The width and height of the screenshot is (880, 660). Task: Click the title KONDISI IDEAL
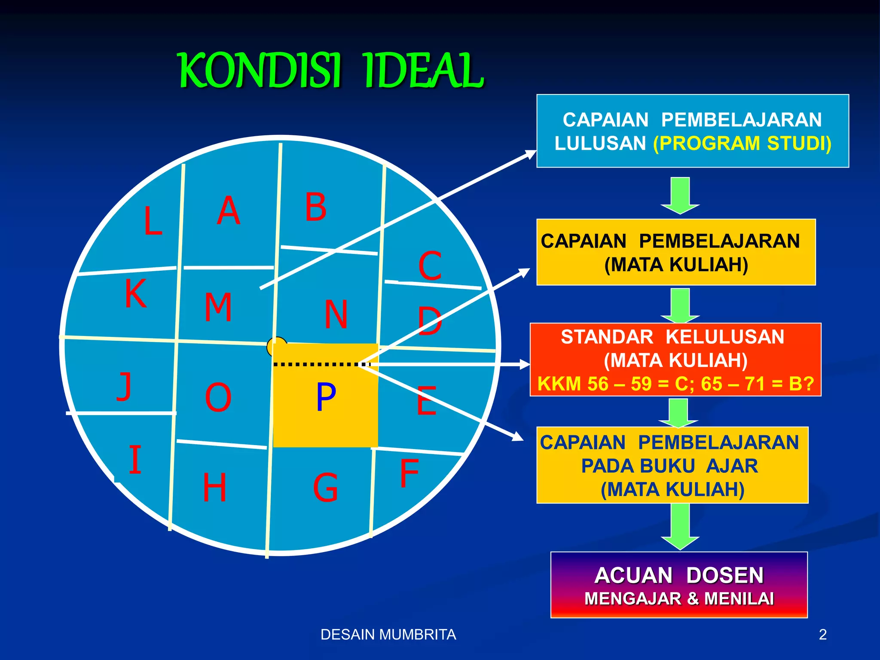[331, 70]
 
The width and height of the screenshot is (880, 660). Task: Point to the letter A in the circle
[228, 211]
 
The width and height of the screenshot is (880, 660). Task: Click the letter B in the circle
[316, 207]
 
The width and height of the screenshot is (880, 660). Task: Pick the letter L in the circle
[153, 221]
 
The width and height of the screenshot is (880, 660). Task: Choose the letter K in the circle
[136, 293]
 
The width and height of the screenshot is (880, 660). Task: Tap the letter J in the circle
[124, 386]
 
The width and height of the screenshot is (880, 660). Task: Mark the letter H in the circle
[214, 487]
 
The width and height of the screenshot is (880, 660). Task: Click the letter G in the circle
[325, 488]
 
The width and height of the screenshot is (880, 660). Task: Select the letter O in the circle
[218, 398]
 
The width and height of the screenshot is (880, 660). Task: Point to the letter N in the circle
[336, 315]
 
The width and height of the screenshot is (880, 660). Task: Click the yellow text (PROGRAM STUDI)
[742, 144]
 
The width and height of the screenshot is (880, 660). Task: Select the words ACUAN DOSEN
[679, 575]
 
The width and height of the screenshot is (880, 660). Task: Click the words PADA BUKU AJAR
[669, 466]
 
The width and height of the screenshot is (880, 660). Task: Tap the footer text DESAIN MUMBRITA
[388, 635]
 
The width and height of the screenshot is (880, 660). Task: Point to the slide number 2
[822, 635]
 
